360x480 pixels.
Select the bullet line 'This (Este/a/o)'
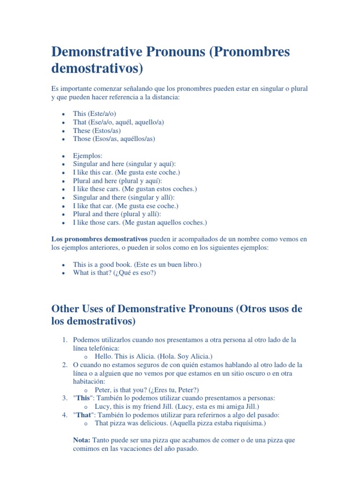(x=94, y=113)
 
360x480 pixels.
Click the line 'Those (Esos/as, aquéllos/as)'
(x=114, y=139)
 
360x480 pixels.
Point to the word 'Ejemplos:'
(x=88, y=155)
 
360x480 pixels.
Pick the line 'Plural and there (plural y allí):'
(x=117, y=214)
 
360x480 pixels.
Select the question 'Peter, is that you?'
(x=120, y=390)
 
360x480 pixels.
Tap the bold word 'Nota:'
(x=82, y=440)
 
